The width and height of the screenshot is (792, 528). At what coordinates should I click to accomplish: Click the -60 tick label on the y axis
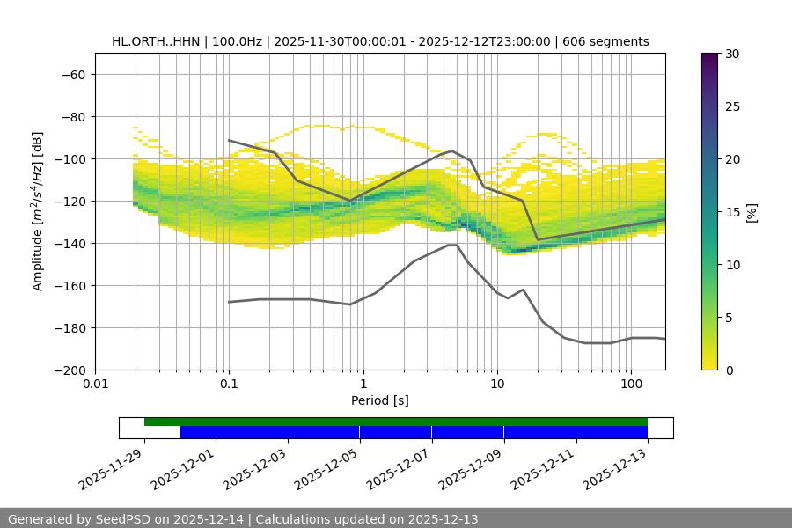(x=73, y=74)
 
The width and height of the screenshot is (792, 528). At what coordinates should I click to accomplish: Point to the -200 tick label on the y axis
(x=70, y=370)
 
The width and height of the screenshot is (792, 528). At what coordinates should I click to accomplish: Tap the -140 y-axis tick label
(x=70, y=243)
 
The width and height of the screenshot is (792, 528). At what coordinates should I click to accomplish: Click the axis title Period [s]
(x=380, y=400)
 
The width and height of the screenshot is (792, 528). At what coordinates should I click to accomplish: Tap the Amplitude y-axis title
(x=38, y=211)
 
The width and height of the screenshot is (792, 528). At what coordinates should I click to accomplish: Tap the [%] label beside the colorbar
(x=751, y=211)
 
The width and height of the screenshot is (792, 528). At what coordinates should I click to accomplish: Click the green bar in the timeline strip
(x=396, y=422)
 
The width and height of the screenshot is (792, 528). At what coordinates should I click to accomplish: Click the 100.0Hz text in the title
(x=237, y=41)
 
